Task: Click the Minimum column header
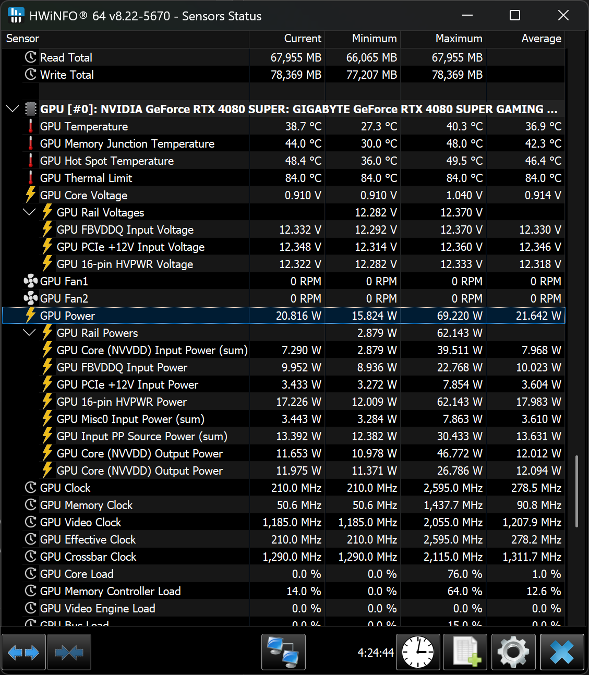pos(374,39)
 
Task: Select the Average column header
pos(541,39)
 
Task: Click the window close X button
pos(563,15)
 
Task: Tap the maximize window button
pos(515,15)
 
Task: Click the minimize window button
pos(467,15)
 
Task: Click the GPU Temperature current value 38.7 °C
pos(303,126)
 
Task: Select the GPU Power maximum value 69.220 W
pos(460,316)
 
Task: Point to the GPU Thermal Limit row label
pos(86,178)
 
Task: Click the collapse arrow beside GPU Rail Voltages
pos(29,212)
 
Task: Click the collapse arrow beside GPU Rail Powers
pos(29,333)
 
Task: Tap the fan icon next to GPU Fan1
pos(30,281)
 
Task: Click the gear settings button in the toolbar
pos(513,652)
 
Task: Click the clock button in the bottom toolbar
pos(418,652)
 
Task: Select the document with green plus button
pos(465,652)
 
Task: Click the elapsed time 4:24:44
pos(376,652)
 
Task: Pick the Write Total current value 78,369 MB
pos(296,75)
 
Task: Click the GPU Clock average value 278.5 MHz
pos(536,488)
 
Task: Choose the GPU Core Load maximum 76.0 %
pos(465,574)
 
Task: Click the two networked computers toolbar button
pos(283,652)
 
